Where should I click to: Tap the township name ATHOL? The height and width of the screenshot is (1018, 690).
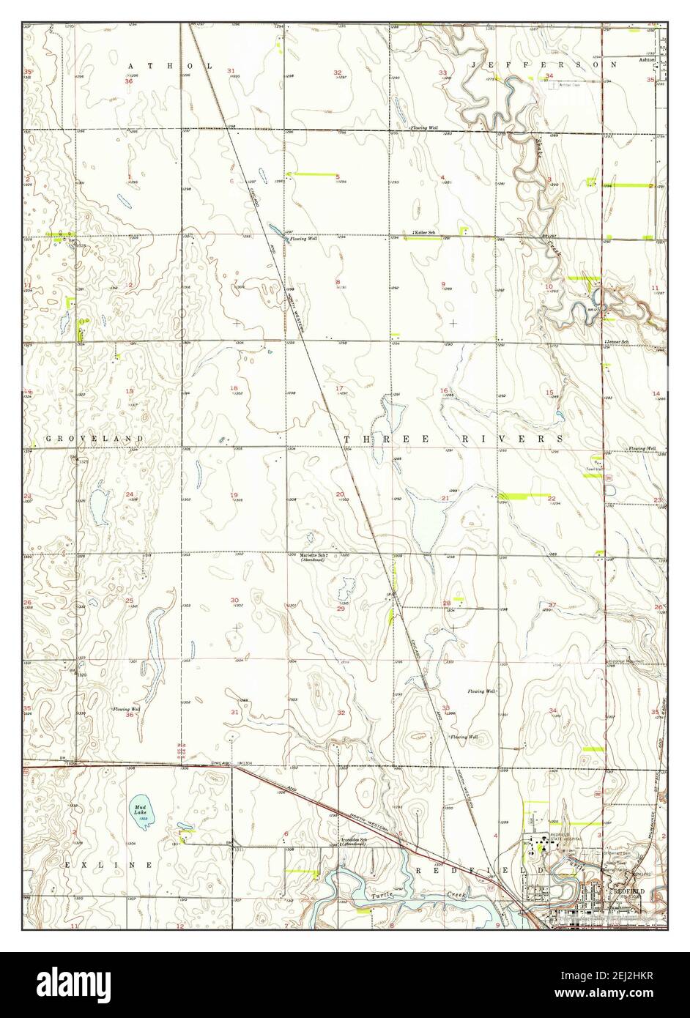[x=171, y=66]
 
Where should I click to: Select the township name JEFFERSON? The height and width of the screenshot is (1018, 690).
[x=545, y=65]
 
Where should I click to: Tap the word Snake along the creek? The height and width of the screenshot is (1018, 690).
[x=536, y=144]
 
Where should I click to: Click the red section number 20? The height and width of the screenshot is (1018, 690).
[x=340, y=494]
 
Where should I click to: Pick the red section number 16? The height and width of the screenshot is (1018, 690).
[x=443, y=390]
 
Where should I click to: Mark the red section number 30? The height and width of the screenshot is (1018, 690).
[x=234, y=600]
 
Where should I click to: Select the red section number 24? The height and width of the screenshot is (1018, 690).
[x=129, y=494]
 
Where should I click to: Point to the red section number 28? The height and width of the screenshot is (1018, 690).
[x=446, y=603]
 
